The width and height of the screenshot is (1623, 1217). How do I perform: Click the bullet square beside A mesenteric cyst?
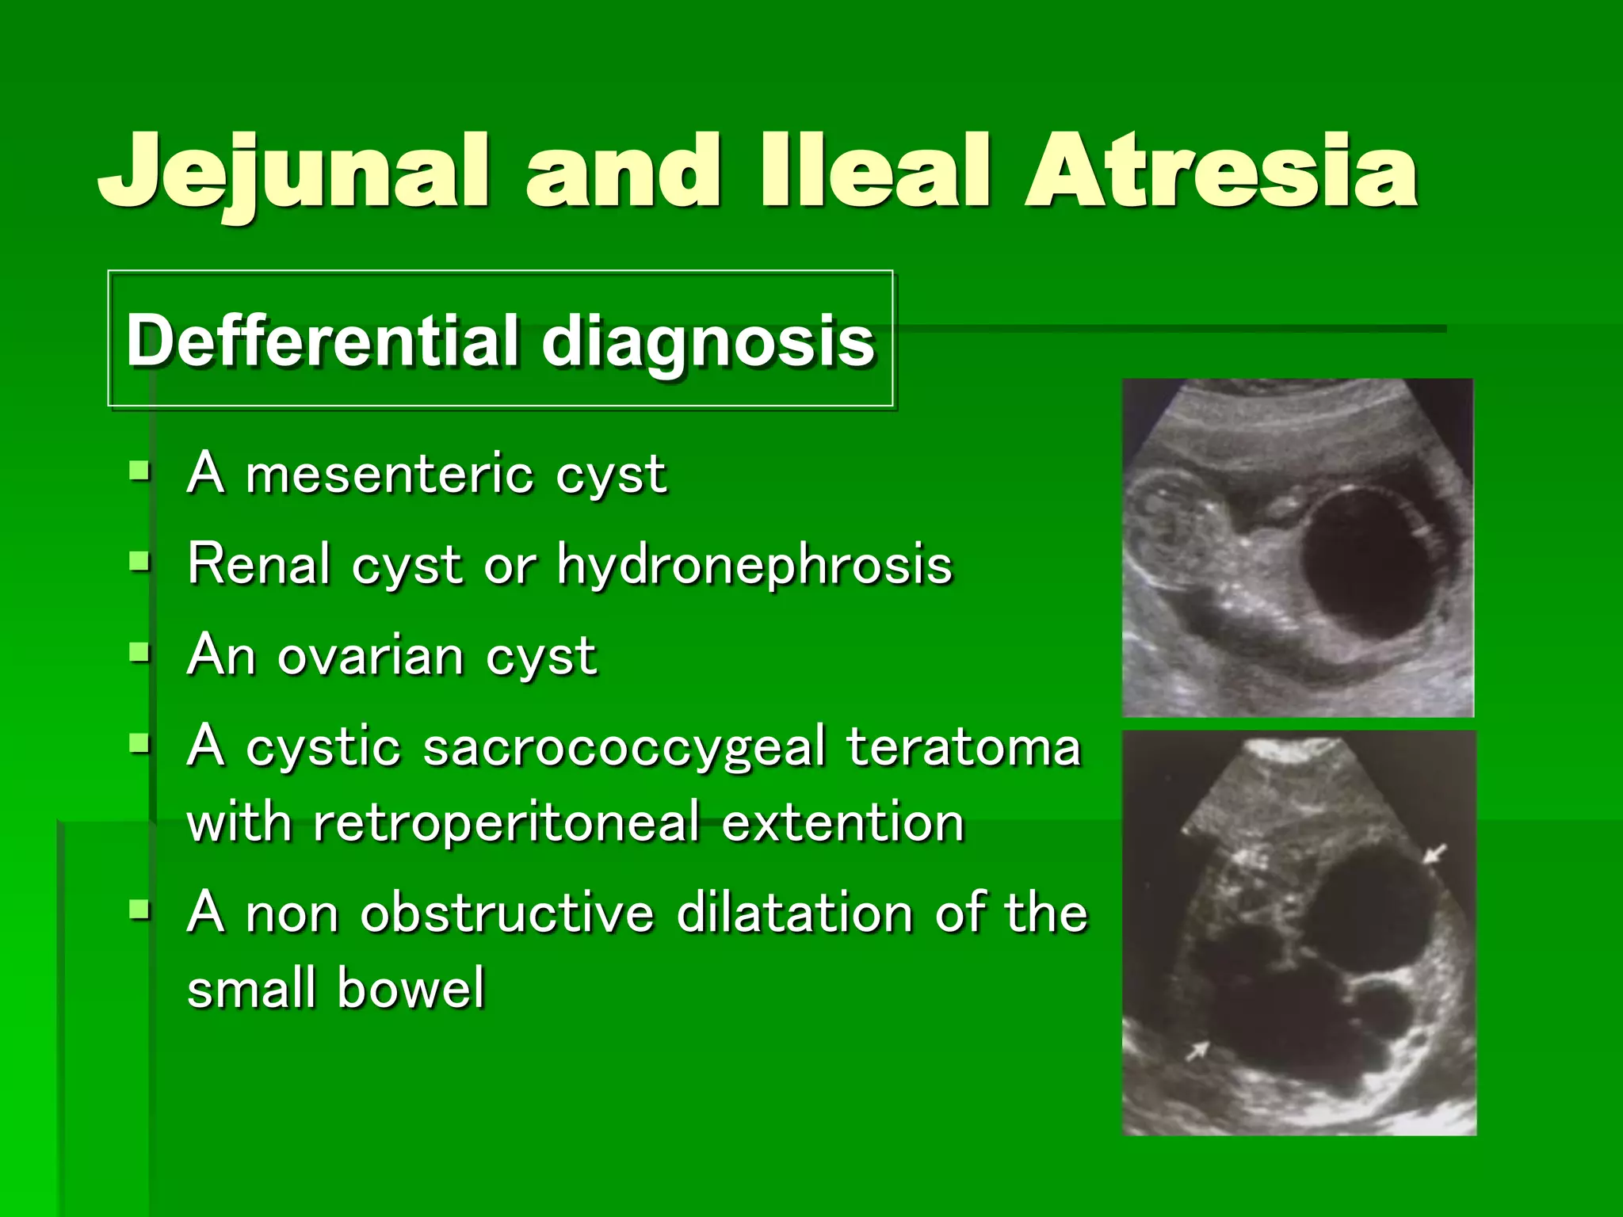click(139, 471)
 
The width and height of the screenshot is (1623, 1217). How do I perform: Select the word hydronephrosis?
click(754, 566)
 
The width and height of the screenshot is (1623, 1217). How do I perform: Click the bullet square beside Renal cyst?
click(139, 562)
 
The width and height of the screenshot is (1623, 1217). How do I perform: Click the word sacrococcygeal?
click(624, 747)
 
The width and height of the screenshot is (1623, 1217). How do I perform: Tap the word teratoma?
click(963, 747)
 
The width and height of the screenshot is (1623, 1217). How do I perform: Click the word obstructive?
click(507, 913)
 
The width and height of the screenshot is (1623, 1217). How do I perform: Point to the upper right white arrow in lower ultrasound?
click(1434, 854)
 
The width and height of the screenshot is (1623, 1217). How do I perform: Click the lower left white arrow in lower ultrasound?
click(1197, 1051)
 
